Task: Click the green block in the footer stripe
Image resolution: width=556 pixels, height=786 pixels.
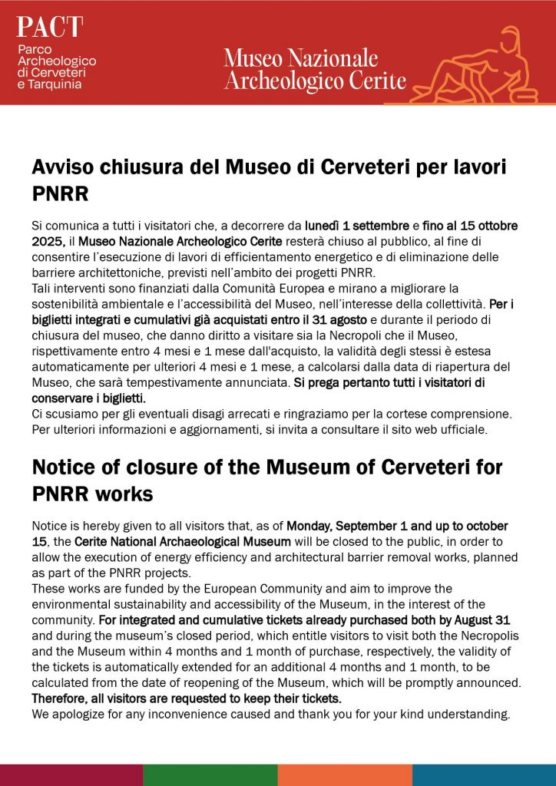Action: point(209,774)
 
